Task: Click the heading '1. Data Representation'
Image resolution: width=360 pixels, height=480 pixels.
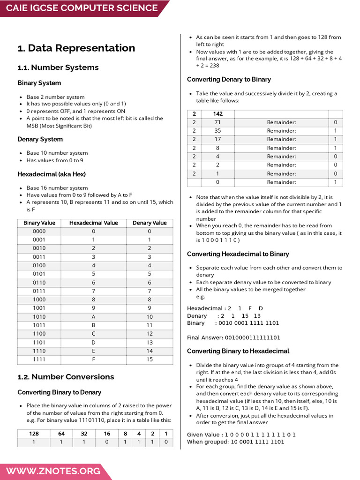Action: [x=76, y=48]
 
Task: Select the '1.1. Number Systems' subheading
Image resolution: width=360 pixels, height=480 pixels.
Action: [x=58, y=67]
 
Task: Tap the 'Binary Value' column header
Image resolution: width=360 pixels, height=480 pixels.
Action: [x=39, y=223]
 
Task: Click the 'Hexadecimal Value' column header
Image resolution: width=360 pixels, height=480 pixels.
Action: [x=93, y=223]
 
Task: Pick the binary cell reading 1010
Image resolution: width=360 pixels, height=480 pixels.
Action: [x=39, y=317]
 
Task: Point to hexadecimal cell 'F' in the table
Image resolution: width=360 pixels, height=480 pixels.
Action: [x=93, y=360]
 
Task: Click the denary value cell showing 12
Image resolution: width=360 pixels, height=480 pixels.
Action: [x=150, y=334]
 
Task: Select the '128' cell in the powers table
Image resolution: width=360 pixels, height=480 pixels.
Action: [x=34, y=434]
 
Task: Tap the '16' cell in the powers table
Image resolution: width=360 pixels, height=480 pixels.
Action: [x=107, y=434]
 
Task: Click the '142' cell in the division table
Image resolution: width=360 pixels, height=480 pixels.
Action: [x=217, y=114]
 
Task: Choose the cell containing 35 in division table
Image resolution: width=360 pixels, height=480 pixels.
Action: [x=217, y=131]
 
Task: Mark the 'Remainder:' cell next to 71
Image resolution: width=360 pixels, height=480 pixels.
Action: [x=281, y=122]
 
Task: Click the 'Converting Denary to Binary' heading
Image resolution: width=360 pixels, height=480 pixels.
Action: [x=229, y=80]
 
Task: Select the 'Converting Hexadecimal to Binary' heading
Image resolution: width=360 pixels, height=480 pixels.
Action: [x=238, y=254]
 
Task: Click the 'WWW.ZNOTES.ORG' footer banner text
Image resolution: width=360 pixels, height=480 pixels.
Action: [x=53, y=471]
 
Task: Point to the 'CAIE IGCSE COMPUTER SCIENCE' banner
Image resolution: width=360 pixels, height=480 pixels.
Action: [x=82, y=8]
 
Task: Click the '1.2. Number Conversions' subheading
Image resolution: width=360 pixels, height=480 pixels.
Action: [x=66, y=377]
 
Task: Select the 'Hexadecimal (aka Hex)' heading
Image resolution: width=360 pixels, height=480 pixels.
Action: [x=52, y=174]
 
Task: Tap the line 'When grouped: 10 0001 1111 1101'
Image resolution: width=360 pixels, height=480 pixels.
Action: [x=235, y=442]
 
